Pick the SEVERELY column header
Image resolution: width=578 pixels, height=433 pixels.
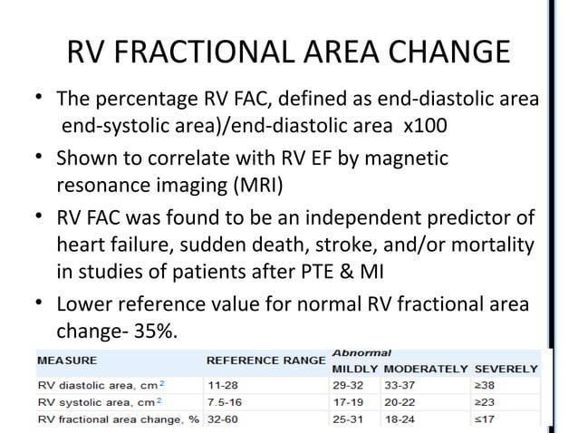pyautogui.click(x=507, y=370)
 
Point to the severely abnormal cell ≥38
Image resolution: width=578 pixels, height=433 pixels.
pyautogui.click(x=487, y=384)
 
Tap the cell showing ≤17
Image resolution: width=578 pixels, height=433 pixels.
pyautogui.click(x=487, y=419)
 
